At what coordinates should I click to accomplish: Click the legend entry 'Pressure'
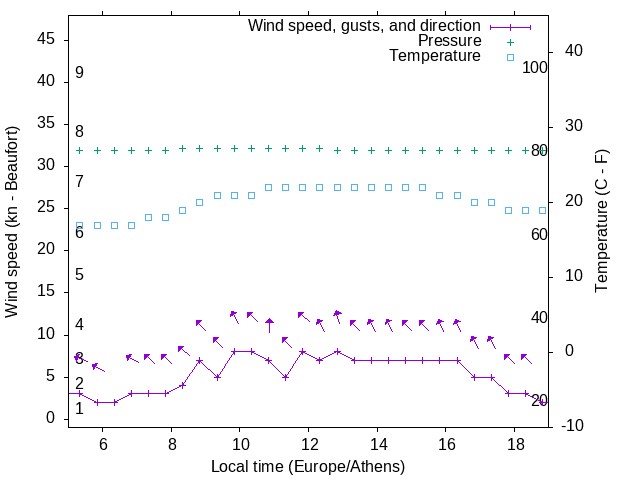(449, 41)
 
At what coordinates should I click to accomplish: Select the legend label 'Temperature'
(435, 56)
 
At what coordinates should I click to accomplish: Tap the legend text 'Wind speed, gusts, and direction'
(365, 25)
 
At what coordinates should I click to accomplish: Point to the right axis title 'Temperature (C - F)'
(601, 222)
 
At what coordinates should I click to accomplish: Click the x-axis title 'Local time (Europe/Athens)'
(308, 466)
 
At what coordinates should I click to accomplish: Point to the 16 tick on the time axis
(445, 443)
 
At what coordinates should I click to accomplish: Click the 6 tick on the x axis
(103, 443)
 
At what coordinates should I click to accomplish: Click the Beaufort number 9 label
(79, 73)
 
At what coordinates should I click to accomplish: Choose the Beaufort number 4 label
(79, 325)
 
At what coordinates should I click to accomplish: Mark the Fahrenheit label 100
(535, 67)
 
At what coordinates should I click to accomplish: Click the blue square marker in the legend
(509, 57)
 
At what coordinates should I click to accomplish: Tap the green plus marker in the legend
(509, 41)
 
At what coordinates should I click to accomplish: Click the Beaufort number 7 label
(79, 182)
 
